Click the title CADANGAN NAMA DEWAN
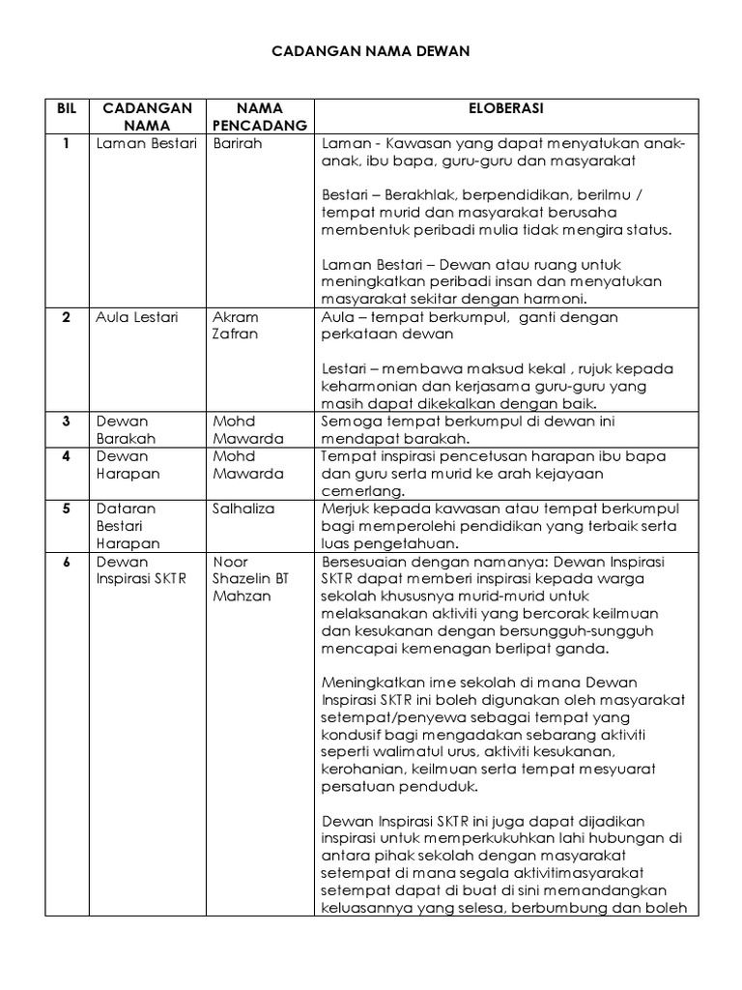(x=370, y=50)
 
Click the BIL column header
(x=66, y=107)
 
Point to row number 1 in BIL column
(x=67, y=143)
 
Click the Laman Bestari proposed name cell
(x=146, y=143)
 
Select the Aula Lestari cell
(x=137, y=317)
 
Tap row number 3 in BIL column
(x=66, y=422)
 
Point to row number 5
(x=66, y=509)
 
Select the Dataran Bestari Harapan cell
(x=128, y=526)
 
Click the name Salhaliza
(x=243, y=509)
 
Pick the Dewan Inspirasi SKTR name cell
(x=141, y=570)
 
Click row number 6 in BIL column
(x=66, y=562)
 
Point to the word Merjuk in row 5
(x=345, y=509)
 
